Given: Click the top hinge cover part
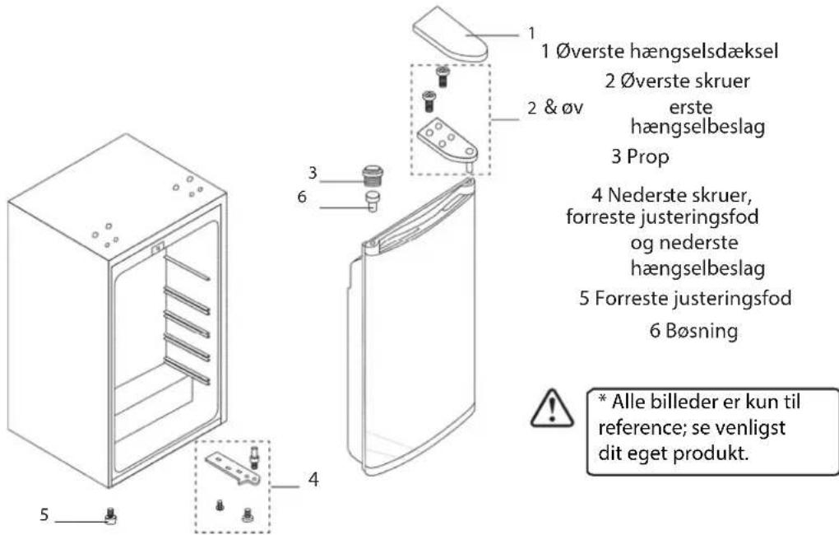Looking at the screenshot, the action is coord(449,35).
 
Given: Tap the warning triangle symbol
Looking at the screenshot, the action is coord(552,408).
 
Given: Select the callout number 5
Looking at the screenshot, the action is coord(44,515).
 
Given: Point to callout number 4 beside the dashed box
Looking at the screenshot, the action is coord(313,479).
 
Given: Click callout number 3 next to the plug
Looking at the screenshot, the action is coord(313,173).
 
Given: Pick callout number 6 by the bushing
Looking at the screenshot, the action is coord(303,197).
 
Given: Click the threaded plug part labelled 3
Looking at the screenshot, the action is coord(373,175).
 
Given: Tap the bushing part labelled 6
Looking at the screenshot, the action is coord(373,200).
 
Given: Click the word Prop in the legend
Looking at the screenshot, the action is coord(648,157).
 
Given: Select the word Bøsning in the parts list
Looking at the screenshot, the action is coord(702,330).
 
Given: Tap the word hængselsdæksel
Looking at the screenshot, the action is coord(703,51).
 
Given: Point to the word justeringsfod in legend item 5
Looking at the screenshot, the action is coord(732,298).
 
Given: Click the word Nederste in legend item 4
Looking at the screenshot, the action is coord(641,195).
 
